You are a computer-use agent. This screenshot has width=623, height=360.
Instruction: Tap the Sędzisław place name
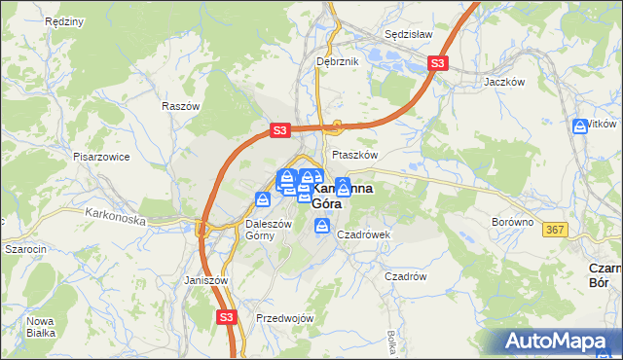(x=408, y=33)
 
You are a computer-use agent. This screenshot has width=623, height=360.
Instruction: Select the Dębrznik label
(x=338, y=61)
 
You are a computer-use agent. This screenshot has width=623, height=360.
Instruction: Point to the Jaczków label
(x=505, y=83)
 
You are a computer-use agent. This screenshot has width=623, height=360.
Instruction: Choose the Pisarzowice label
(x=102, y=156)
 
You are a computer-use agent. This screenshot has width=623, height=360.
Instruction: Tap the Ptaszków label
(x=354, y=155)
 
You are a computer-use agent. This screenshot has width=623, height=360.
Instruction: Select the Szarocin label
(x=26, y=249)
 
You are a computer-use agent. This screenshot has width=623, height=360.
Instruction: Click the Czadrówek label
(x=363, y=234)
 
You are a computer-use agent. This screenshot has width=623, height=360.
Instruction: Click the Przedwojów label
(x=284, y=318)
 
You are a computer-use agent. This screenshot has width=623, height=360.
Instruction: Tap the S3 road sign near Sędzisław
(x=438, y=64)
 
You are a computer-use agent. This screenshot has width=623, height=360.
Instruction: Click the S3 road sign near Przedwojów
(x=226, y=316)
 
